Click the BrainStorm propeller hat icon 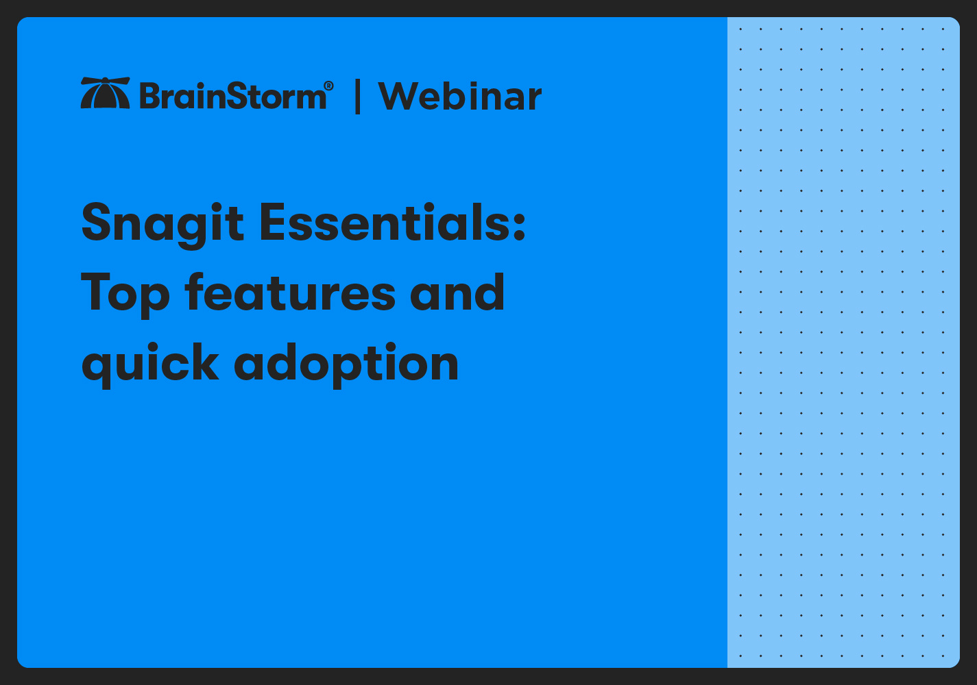105,94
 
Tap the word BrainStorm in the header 233,96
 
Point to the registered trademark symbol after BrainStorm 328,86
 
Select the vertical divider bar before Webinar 357,97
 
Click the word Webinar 459,97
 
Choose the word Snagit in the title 162,223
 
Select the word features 290,292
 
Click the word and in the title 457,292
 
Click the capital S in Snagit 97,223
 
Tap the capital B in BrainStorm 151,96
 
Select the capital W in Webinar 400,96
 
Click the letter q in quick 96,367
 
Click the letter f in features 196,291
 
